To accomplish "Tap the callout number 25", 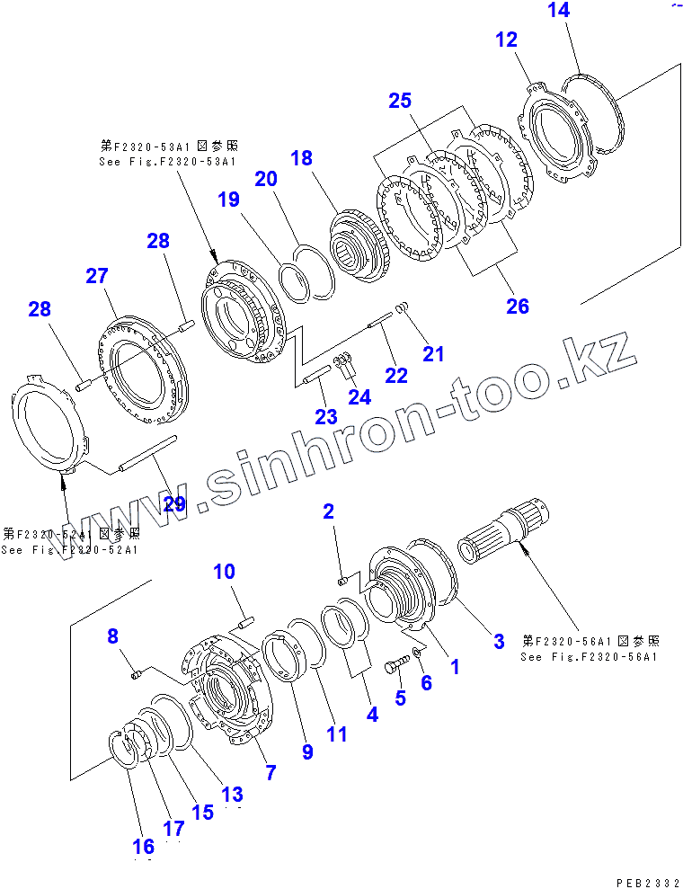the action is [400, 101].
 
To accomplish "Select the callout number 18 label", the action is [301, 158].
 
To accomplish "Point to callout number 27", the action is [96, 276].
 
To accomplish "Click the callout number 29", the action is [173, 503].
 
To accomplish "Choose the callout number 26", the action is [517, 306].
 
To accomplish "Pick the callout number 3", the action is [499, 641].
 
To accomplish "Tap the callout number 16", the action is [143, 846].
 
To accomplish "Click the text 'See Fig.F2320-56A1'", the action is [589, 656].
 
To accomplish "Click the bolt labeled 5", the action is [395, 666].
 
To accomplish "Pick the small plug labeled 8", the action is [137, 673].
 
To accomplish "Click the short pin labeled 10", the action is [245, 619].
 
